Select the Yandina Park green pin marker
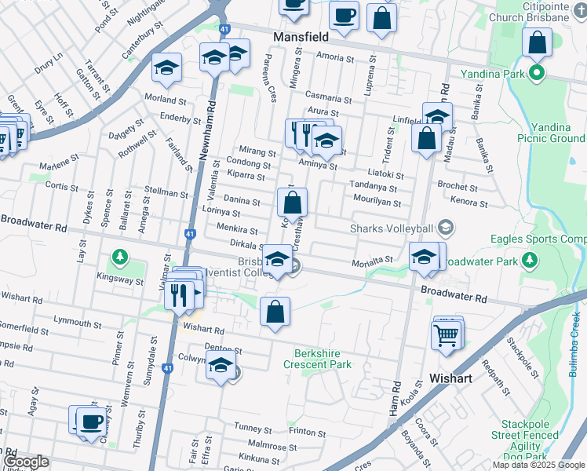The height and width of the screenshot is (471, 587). coord(537,75)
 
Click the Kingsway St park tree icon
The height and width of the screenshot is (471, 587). coord(119,257)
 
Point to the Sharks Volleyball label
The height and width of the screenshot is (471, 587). coord(392,228)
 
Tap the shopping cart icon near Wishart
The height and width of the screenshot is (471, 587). coord(447,335)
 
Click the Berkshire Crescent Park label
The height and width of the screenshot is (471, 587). coord(323,359)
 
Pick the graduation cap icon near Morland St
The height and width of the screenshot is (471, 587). coord(166,68)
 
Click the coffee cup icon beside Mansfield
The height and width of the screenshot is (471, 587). coord(344,15)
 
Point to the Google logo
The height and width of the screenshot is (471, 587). coord(26,462)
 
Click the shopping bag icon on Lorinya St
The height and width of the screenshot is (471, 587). coord(292,203)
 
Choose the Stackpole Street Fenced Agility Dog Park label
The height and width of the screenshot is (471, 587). coord(527,440)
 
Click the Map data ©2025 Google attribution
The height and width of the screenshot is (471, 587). coord(538,465)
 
